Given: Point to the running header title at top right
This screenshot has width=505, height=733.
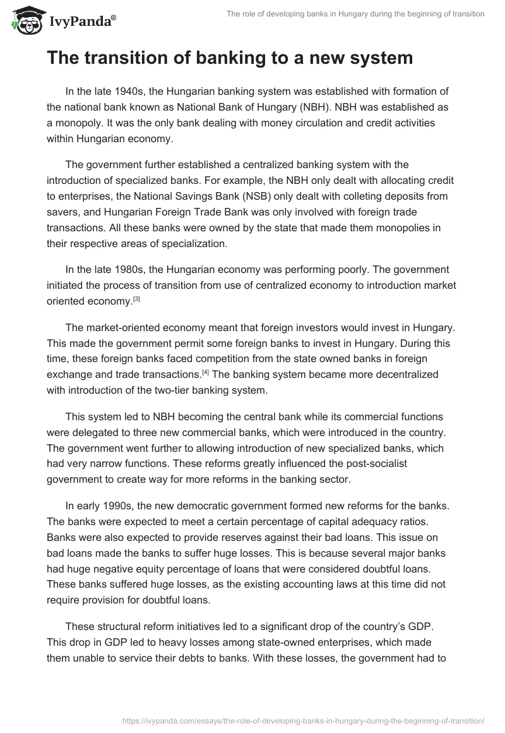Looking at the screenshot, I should (x=355, y=13).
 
